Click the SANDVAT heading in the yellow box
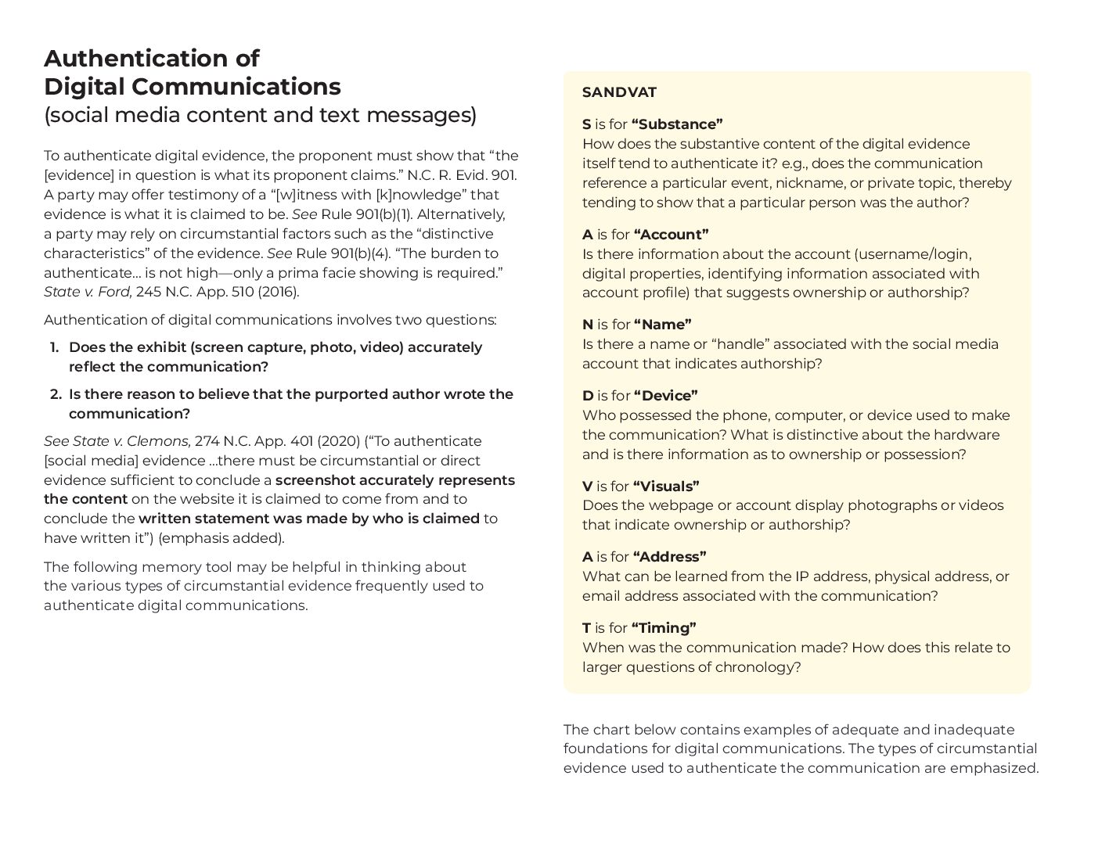pos(619,92)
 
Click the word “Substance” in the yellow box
pos(677,124)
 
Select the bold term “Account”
pos(671,235)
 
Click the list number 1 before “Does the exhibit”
pos(54,347)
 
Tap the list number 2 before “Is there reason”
pos(55,394)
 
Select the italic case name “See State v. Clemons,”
pos(117,441)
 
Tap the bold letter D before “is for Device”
pos(588,396)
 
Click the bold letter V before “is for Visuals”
pos(587,487)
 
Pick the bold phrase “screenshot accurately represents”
pos(395,480)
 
